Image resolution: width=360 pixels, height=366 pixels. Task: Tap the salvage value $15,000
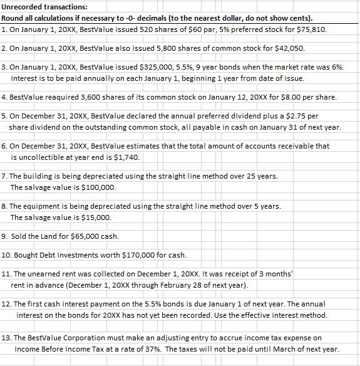pos(96,217)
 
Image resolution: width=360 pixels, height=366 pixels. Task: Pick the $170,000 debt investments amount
pos(136,255)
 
